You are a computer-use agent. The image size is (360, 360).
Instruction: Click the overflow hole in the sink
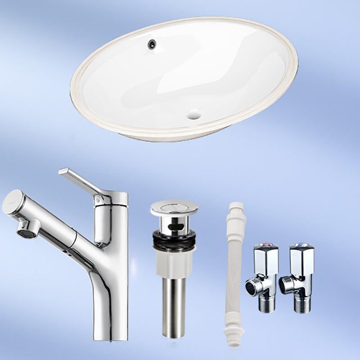point(153,43)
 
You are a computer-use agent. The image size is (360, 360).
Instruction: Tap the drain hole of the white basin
point(194,114)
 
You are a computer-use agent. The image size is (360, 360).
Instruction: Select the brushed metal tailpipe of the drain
point(174,306)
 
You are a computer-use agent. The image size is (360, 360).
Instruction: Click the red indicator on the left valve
point(265,247)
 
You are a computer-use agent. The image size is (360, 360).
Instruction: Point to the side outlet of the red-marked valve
point(251,286)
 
